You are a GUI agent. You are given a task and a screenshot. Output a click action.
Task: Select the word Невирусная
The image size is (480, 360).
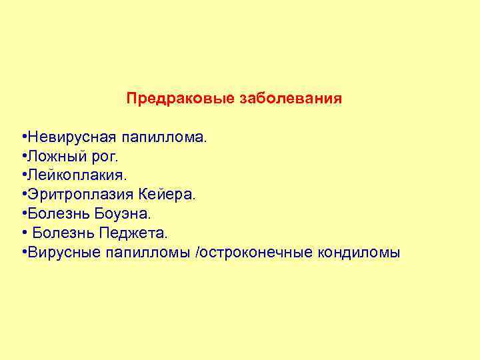tap(70, 137)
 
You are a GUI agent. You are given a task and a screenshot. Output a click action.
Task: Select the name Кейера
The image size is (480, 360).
tap(167, 195)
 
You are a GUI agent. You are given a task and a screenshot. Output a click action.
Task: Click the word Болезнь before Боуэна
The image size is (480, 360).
tap(55, 214)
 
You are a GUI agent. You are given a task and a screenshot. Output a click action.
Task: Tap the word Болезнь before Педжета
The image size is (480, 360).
tap(62, 233)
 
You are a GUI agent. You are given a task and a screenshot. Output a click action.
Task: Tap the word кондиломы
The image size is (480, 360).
tap(361, 253)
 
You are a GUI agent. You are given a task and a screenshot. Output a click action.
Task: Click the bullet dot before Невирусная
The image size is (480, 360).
tap(23, 137)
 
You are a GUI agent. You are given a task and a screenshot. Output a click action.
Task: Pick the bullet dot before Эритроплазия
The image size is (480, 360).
tap(23, 195)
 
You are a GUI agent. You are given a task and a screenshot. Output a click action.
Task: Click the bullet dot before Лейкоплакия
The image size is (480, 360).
tap(23, 175)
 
